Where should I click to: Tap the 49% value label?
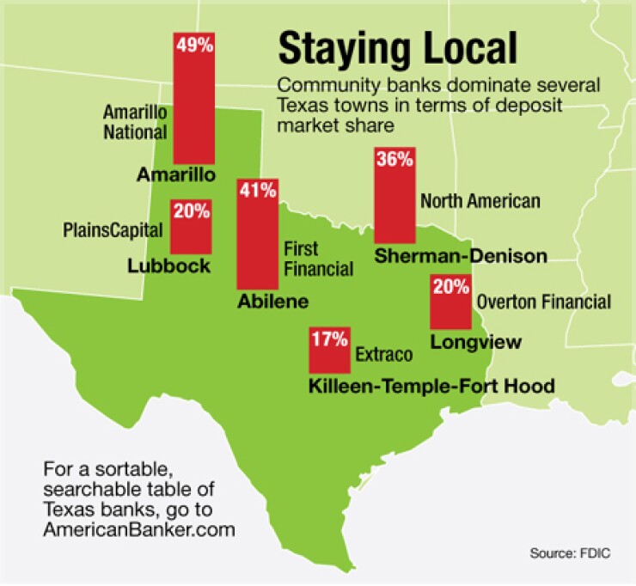(x=193, y=46)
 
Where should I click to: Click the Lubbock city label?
(x=168, y=266)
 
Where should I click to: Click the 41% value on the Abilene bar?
(x=255, y=192)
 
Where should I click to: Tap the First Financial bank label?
(x=317, y=259)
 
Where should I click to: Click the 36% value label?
(x=395, y=159)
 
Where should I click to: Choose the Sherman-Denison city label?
(x=461, y=255)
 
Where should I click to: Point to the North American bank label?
(x=480, y=202)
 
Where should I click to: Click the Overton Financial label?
(x=543, y=302)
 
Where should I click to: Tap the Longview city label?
(x=475, y=342)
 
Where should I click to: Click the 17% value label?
(x=328, y=339)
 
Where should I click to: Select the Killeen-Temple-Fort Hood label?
(x=431, y=385)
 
